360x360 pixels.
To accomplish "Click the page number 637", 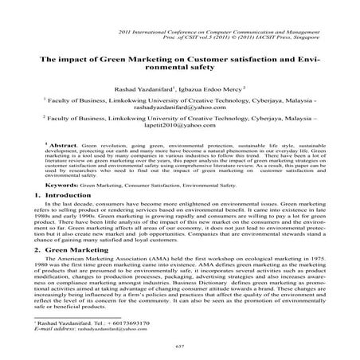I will [178, 346].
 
